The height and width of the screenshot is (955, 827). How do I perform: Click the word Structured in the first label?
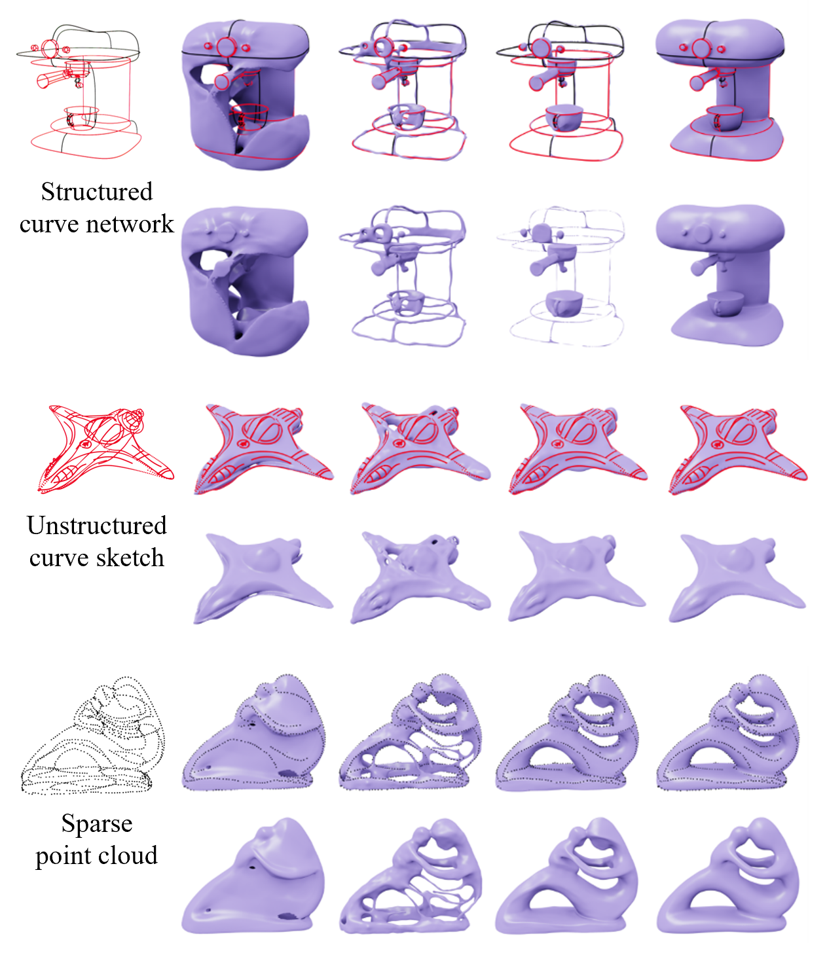[x=97, y=192]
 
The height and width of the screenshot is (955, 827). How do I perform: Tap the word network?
[x=132, y=224]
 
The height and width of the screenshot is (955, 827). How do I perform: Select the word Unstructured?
[x=97, y=526]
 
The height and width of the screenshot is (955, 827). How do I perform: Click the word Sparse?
[x=97, y=824]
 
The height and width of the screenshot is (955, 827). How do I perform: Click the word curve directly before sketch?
[x=59, y=558]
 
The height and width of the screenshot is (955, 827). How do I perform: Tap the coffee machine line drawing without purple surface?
[x=79, y=92]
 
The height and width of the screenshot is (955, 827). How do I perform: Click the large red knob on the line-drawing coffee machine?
[x=50, y=48]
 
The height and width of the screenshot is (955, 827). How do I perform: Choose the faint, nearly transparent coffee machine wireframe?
[x=561, y=276]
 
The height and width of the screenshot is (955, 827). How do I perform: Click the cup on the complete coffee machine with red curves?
[x=724, y=118]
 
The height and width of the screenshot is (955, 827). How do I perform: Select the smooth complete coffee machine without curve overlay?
[x=721, y=275]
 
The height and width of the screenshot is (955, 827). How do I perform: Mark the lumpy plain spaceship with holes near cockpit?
[x=420, y=577]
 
